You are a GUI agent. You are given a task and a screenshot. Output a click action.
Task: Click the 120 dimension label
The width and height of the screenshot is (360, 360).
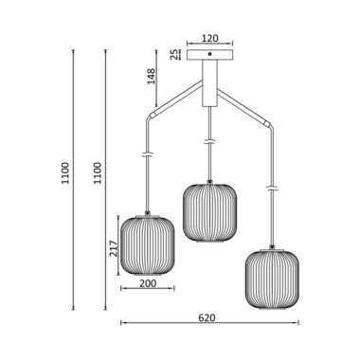(x=210, y=39)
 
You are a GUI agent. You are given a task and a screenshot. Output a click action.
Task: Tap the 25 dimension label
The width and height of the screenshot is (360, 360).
(x=174, y=55)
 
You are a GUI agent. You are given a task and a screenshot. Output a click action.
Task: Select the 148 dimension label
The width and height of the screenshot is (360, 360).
(x=152, y=76)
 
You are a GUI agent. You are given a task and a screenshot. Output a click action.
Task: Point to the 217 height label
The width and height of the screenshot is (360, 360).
(x=114, y=248)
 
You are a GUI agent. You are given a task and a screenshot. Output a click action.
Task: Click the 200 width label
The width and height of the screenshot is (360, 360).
(x=148, y=283)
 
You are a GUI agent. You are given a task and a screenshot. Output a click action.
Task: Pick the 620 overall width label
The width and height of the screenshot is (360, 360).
(x=207, y=317)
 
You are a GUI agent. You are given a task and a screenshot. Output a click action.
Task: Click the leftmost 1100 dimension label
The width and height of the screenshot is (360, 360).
(x=65, y=173)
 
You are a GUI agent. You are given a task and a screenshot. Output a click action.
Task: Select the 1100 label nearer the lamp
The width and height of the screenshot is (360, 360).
(x=98, y=173)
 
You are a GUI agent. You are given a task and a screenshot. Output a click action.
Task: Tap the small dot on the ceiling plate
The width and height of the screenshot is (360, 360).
(x=209, y=54)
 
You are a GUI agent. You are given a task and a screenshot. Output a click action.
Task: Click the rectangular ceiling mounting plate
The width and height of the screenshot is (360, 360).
(x=209, y=55)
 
